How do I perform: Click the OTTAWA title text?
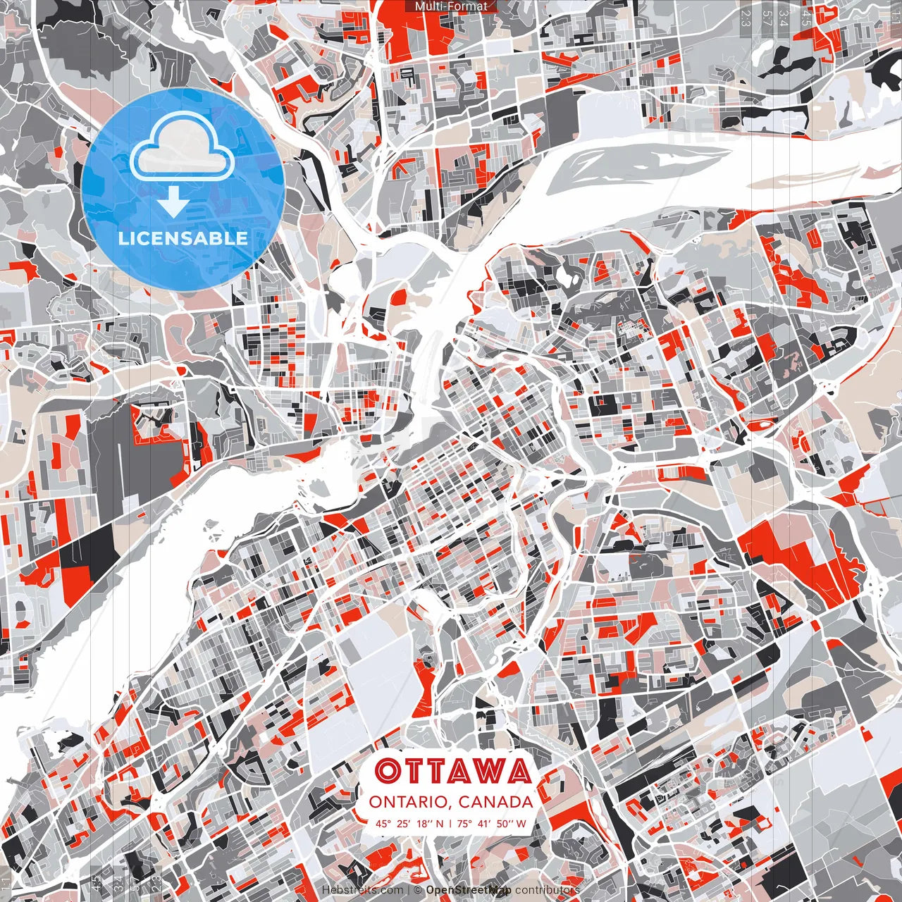[452, 771]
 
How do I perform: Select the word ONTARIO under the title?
[409, 801]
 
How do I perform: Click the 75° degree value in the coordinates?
[464, 823]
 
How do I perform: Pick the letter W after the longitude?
[522, 823]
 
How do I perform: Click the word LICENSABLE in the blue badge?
[183, 237]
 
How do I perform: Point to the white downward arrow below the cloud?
[173, 202]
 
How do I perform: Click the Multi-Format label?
[451, 6]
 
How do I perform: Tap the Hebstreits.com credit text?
[362, 890]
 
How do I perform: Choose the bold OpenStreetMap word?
[469, 890]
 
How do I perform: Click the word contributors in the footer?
[548, 890]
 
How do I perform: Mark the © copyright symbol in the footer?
[417, 890]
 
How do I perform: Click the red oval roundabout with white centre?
[763, 425]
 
